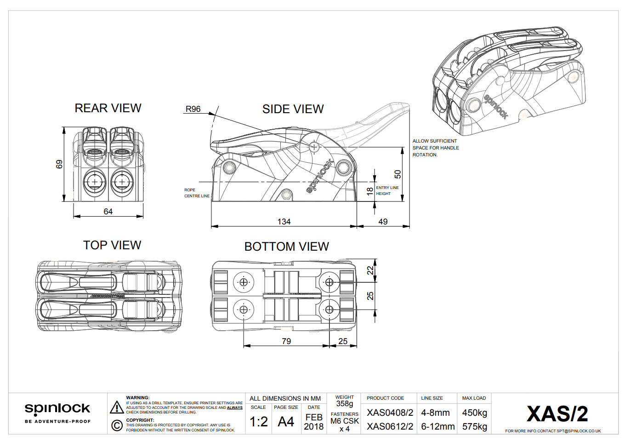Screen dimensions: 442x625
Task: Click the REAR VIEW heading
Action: (x=108, y=108)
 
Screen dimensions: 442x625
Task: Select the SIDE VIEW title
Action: (x=293, y=109)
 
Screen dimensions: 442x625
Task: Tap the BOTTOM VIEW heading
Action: (x=286, y=247)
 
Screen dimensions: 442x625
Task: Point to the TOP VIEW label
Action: (x=112, y=245)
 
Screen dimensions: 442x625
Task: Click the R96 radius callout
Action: (x=193, y=109)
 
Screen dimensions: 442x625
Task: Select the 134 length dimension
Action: (x=284, y=222)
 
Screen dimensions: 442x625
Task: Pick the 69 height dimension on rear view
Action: (x=59, y=164)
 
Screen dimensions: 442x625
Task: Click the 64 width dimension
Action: (x=108, y=212)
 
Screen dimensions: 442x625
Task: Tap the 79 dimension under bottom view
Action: (x=286, y=341)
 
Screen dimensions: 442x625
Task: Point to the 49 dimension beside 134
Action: (x=383, y=222)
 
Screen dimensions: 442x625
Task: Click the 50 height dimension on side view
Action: (x=398, y=174)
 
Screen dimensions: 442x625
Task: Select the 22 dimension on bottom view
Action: (x=370, y=270)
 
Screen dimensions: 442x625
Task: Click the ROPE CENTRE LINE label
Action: (x=197, y=193)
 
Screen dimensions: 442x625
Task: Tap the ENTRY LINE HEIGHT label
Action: (x=387, y=191)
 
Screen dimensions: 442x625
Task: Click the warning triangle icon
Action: (x=117, y=407)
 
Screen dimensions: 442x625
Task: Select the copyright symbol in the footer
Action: (x=117, y=425)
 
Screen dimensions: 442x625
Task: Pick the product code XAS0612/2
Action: (x=390, y=426)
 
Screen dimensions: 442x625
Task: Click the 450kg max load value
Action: (x=474, y=413)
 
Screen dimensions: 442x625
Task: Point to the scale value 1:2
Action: (x=258, y=421)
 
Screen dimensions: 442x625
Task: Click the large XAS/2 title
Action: (x=557, y=414)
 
